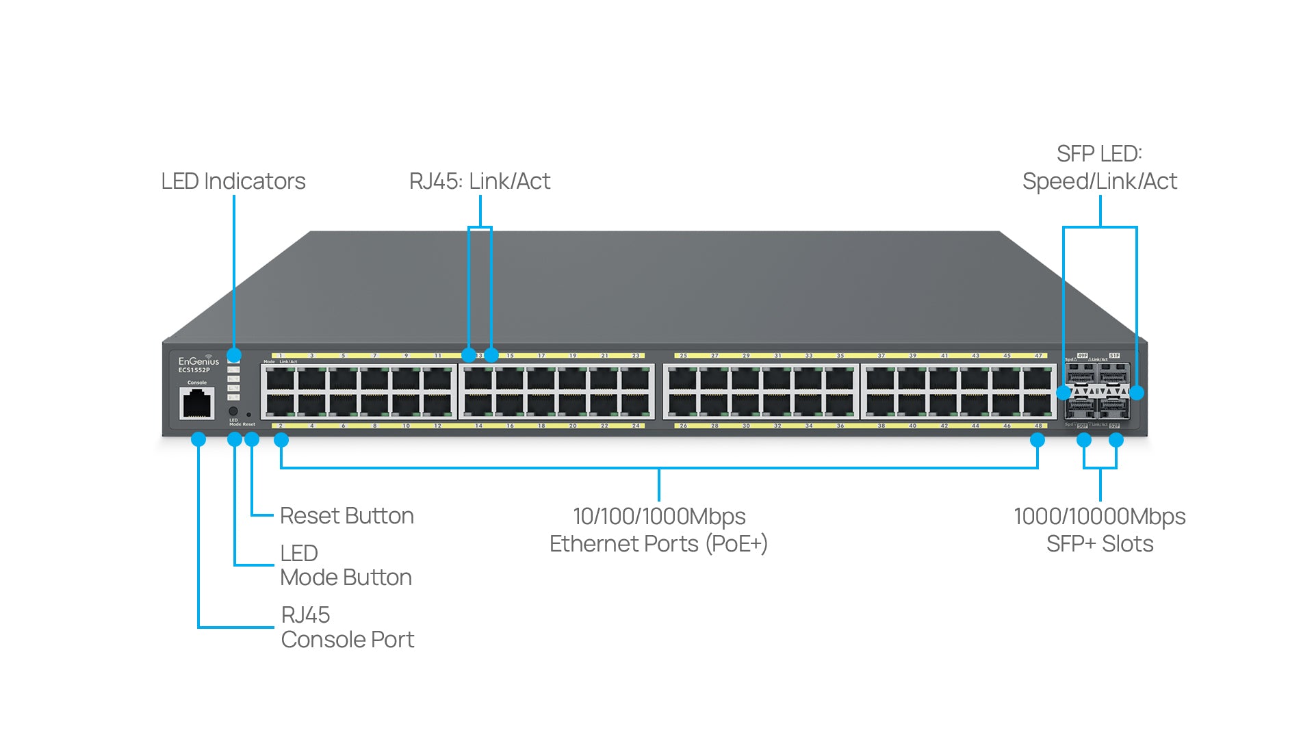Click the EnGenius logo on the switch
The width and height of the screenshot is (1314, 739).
(198, 361)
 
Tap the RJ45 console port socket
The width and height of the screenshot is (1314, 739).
(197, 403)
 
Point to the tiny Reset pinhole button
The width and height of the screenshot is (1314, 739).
(248, 415)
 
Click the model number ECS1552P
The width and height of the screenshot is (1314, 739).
(194, 370)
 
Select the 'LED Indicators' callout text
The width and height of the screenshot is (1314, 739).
(233, 181)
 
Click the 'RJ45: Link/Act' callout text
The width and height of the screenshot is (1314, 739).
(479, 181)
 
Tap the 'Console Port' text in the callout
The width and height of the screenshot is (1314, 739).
(347, 640)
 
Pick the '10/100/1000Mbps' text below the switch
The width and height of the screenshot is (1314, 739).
(658, 517)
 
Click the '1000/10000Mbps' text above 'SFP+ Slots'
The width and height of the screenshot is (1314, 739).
(1099, 517)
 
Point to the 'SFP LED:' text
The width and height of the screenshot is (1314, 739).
(1099, 154)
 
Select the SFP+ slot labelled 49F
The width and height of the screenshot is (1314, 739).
(1082, 374)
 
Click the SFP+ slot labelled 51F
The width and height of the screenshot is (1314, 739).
(1114, 374)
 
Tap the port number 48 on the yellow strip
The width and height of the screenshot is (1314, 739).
(1038, 426)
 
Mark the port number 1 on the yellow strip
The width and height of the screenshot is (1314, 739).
(281, 356)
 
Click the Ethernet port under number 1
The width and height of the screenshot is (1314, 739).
(280, 378)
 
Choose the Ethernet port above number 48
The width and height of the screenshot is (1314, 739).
(1038, 404)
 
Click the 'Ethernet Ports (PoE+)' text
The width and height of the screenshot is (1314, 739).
(658, 544)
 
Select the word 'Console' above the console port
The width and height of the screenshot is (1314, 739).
(197, 383)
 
